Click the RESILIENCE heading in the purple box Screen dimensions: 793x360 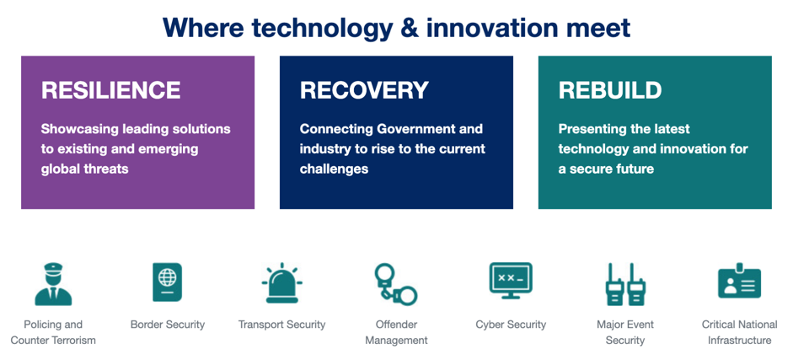click(110, 90)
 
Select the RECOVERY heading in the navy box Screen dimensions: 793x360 click(364, 90)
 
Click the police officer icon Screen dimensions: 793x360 click(53, 283)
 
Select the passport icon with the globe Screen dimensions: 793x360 click(168, 282)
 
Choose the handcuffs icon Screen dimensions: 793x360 click(396, 284)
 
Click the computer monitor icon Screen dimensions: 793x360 click(511, 281)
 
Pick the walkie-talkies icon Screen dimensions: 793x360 click(624, 284)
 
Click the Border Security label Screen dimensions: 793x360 click(168, 325)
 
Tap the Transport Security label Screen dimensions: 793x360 click(282, 325)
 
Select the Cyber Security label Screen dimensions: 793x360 click(511, 325)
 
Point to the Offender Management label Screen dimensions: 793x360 click(396, 332)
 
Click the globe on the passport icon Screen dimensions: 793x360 click(168, 277)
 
